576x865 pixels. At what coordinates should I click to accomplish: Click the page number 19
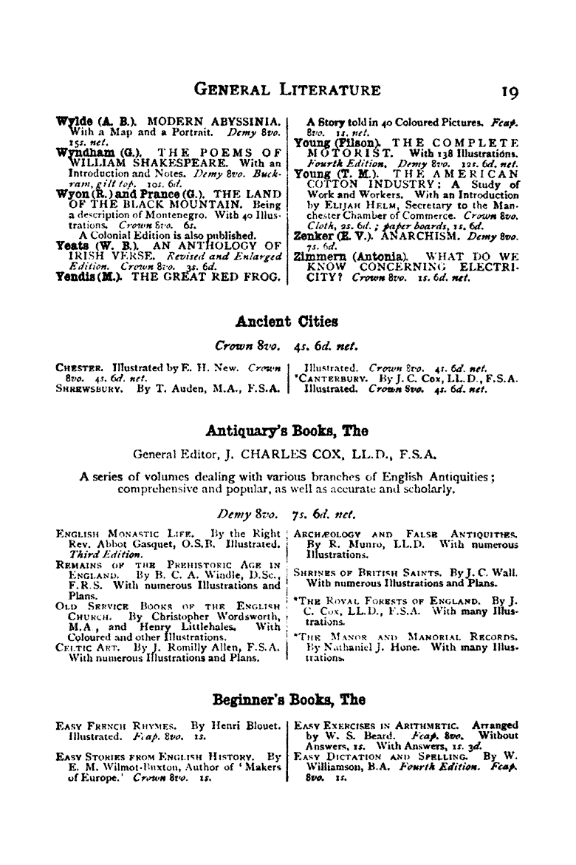pyautogui.click(x=510, y=92)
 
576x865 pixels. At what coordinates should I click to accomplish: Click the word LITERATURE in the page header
pyautogui.click(x=324, y=91)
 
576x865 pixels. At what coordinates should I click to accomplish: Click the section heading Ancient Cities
pyautogui.click(x=287, y=321)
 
